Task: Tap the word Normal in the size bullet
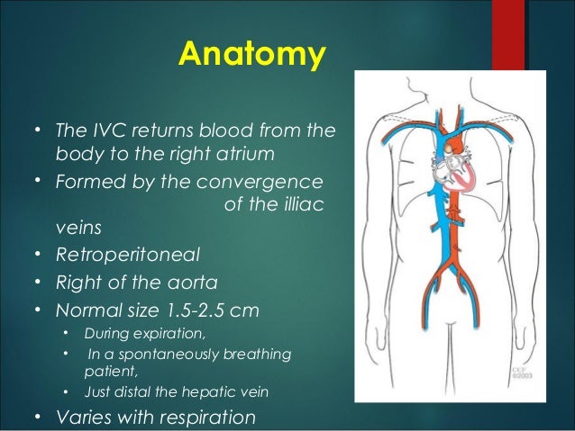point(85,311)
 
